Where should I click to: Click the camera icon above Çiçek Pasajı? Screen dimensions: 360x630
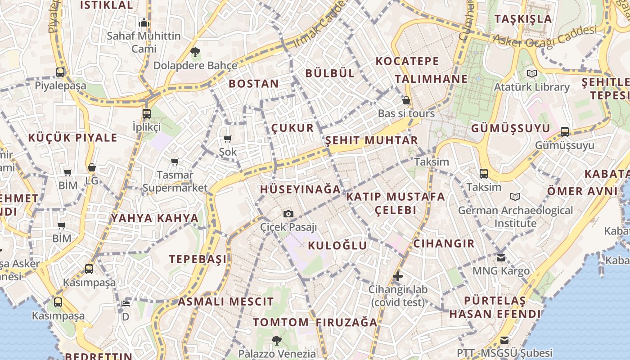[288, 214]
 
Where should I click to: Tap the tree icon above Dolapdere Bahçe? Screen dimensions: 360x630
[195, 52]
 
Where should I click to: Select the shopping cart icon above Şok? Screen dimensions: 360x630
[228, 139]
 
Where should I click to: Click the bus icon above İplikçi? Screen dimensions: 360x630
[147, 113]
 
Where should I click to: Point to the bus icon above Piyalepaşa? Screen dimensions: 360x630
[60, 72]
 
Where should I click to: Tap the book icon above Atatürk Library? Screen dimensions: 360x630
[532, 73]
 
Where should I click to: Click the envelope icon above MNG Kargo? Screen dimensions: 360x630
[501, 258]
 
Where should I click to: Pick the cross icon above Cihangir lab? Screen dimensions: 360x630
[397, 276]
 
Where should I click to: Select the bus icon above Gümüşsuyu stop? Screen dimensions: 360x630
[565, 132]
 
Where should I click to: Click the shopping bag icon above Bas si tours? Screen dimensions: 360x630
[406, 100]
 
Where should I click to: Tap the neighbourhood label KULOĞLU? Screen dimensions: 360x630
[337, 245]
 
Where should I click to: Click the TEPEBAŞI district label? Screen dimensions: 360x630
[198, 259]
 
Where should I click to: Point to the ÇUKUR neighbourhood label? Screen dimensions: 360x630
[292, 128]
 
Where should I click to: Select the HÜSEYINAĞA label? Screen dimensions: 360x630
[300, 189]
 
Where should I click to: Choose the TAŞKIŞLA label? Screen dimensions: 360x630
[523, 19]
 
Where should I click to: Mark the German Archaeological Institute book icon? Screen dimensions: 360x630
[515, 197]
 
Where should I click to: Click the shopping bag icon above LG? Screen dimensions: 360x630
[92, 167]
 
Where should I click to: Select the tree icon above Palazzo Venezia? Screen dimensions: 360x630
[277, 340]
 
